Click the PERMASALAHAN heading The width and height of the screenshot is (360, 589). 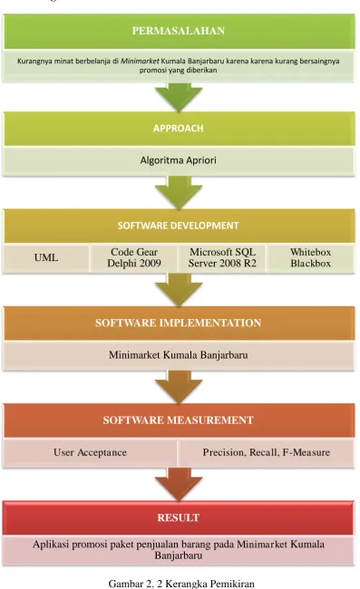178,31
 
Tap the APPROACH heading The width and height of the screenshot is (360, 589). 178,129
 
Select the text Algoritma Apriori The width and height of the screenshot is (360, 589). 178,160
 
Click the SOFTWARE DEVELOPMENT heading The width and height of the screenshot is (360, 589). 178,226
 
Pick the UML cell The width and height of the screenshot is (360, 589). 46,257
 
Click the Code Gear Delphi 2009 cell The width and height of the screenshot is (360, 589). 134,257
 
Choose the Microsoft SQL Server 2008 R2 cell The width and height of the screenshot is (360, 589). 222,257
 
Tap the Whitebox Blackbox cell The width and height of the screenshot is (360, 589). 310,257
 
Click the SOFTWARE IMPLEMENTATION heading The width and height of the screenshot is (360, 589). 178,323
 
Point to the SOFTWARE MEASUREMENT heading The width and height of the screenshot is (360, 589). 178,420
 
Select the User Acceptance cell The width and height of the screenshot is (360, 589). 90,452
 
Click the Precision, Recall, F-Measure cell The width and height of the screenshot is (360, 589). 266,452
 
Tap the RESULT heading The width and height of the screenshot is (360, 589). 178,517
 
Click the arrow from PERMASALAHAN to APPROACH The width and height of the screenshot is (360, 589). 179,97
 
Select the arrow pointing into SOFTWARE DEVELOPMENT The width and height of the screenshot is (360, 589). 179,192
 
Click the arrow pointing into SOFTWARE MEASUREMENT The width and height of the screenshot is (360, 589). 179,387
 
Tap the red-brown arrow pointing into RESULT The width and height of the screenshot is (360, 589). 179,484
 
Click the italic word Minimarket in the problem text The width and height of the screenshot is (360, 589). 140,61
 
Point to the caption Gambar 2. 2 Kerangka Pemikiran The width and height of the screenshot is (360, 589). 181,584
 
